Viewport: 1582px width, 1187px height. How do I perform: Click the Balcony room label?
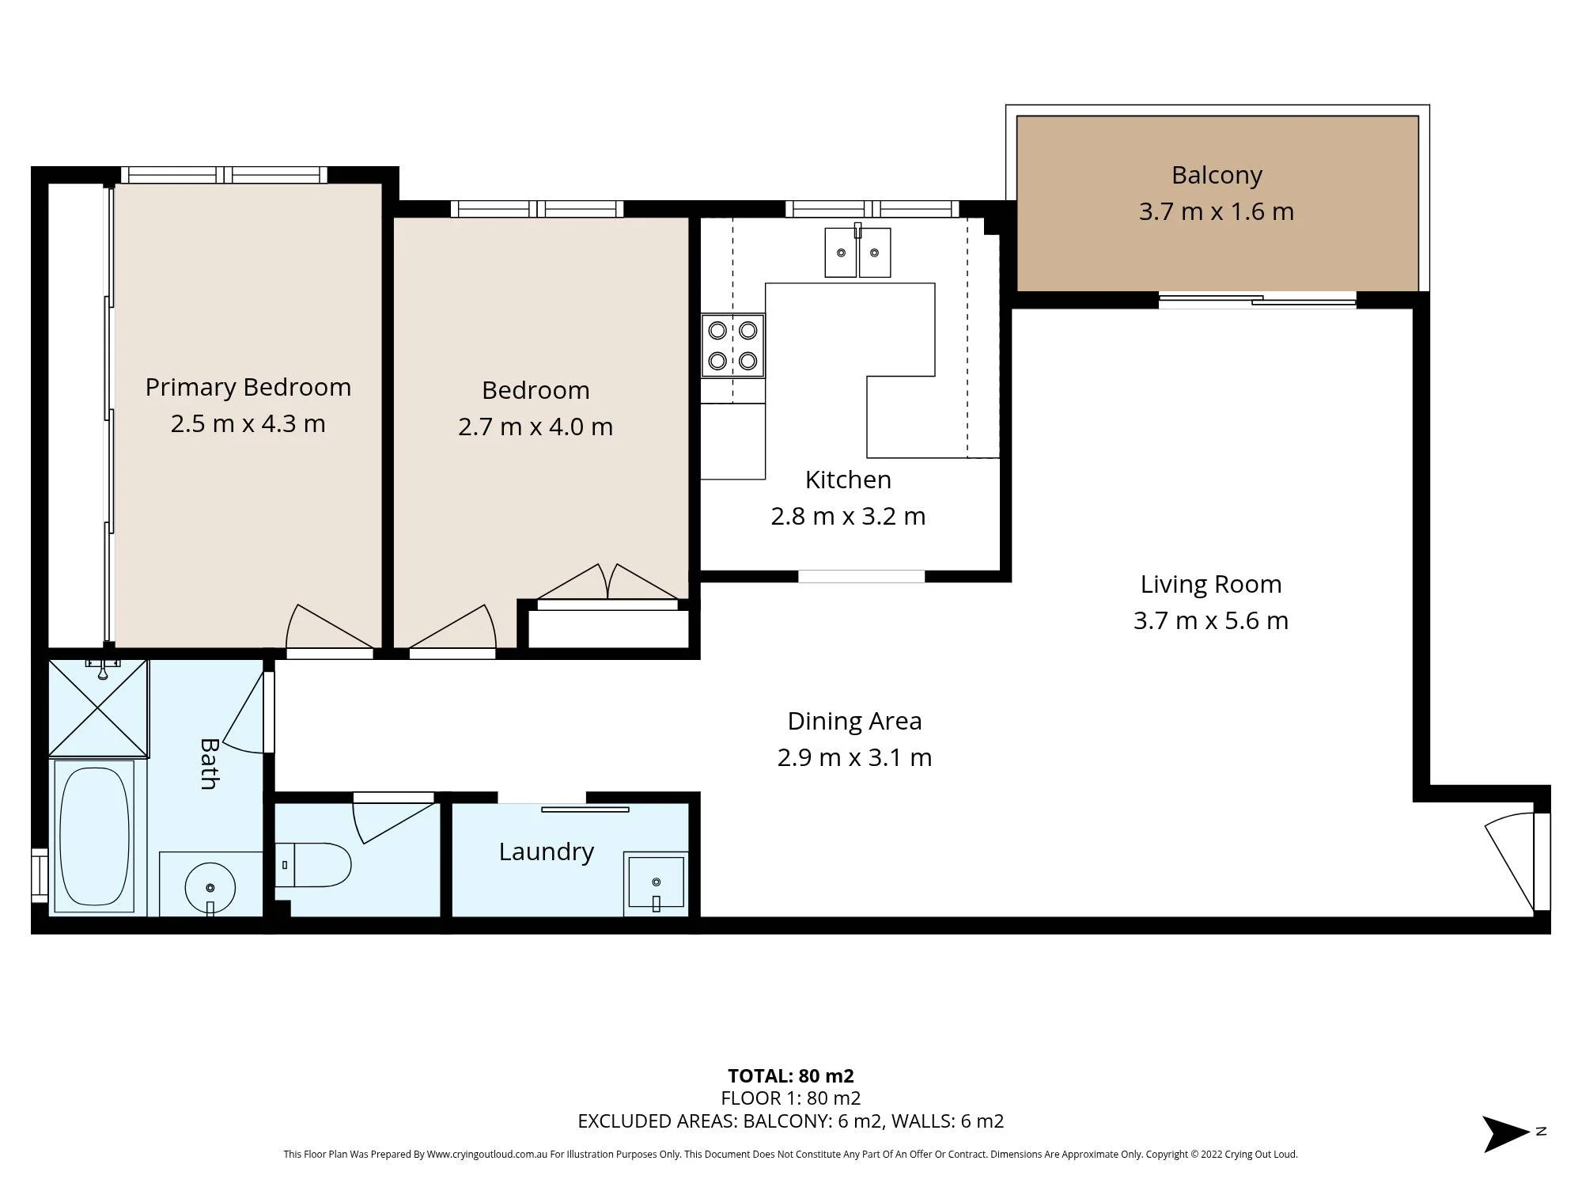(x=1217, y=175)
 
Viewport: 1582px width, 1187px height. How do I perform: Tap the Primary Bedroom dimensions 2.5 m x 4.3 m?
(x=248, y=423)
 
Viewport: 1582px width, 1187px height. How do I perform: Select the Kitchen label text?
(x=848, y=480)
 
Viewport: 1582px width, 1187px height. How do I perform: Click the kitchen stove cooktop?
(x=732, y=346)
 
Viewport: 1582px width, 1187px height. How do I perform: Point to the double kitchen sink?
(x=857, y=252)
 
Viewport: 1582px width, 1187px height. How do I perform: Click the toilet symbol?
(x=313, y=865)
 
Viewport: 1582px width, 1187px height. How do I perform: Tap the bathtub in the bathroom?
(x=94, y=836)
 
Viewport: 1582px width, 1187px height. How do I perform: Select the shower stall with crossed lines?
(x=98, y=707)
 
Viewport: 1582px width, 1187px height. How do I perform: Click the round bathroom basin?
(x=210, y=888)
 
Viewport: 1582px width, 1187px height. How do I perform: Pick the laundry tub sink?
(x=656, y=883)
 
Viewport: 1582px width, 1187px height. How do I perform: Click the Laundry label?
(x=546, y=851)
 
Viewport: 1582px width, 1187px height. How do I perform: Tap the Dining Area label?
(x=854, y=721)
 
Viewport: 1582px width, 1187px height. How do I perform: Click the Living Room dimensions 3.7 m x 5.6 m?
(x=1211, y=620)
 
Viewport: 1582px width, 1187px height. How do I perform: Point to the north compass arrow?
(x=1506, y=1133)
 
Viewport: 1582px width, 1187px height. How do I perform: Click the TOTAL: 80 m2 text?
(x=791, y=1076)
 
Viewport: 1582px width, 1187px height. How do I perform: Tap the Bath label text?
(x=209, y=764)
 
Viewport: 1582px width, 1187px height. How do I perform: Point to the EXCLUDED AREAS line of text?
(x=791, y=1121)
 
